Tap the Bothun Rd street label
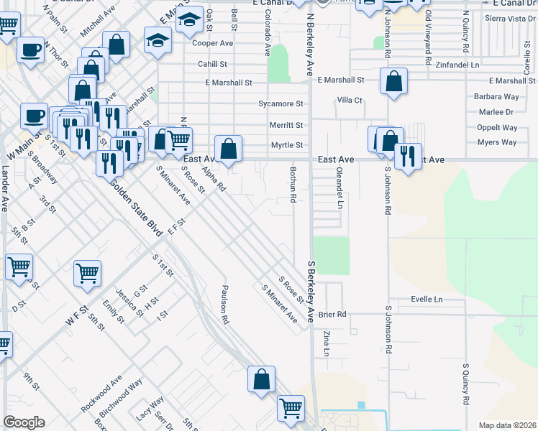(293, 185)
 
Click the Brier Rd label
(332, 314)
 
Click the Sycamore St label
(281, 103)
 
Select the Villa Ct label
(350, 101)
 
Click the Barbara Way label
(496, 96)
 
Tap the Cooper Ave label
(213, 43)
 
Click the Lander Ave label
(5, 188)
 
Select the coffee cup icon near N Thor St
(31, 50)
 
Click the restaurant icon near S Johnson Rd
(408, 155)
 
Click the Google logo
(24, 422)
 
